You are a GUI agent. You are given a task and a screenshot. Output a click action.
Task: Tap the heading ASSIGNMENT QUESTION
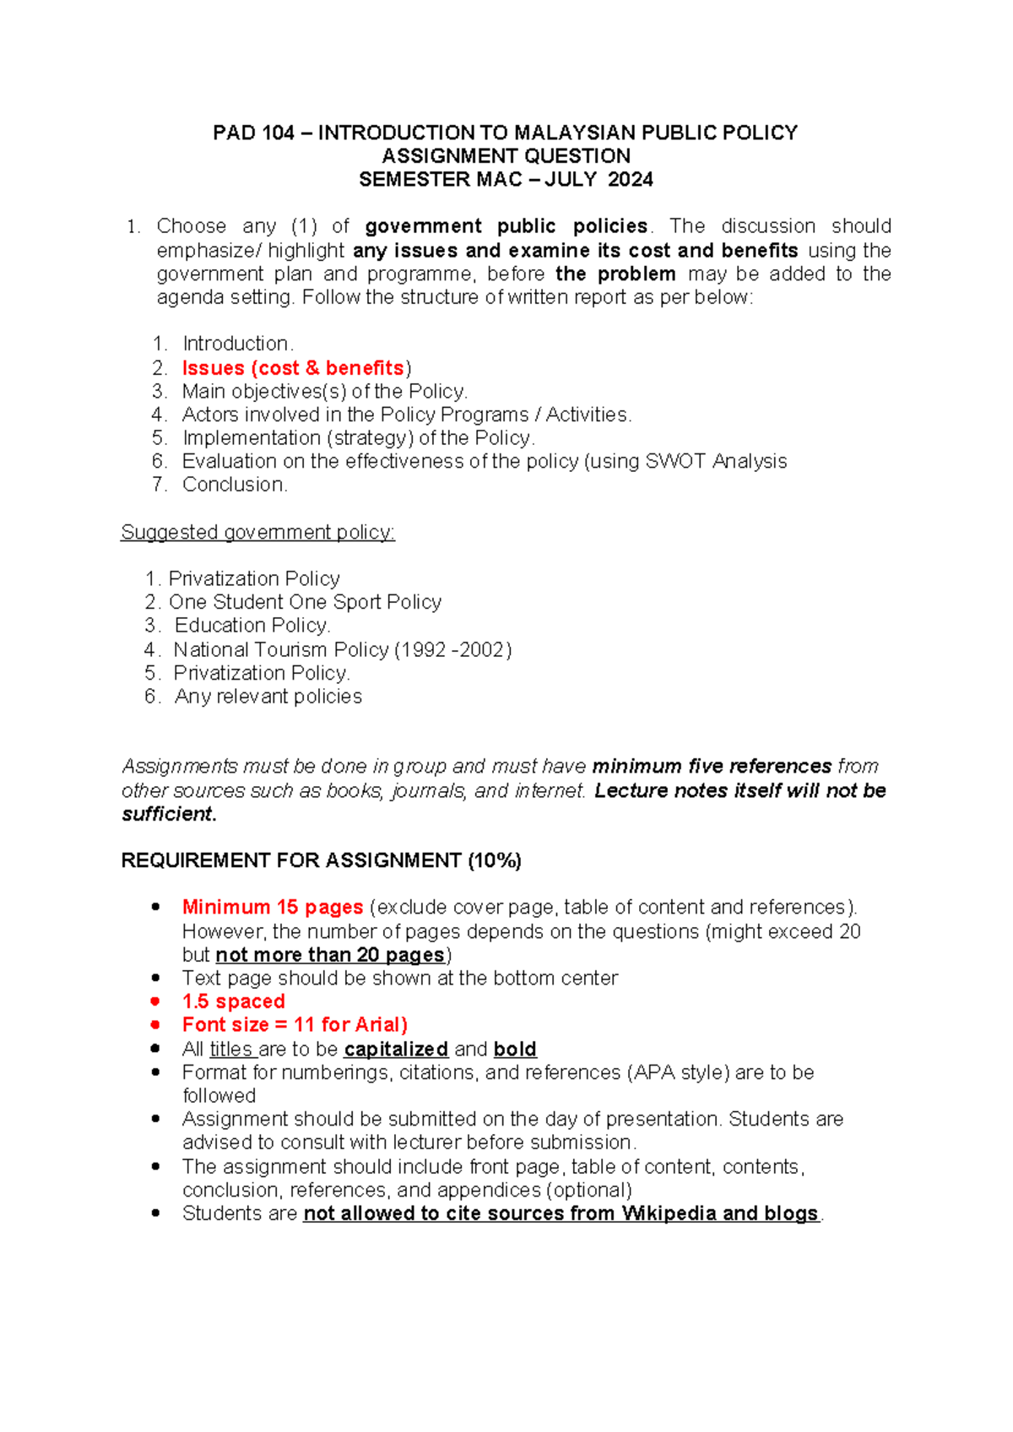tap(506, 156)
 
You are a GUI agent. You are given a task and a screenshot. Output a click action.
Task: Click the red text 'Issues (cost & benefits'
tap(293, 368)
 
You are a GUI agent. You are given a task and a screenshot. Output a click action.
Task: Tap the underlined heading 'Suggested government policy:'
tap(257, 532)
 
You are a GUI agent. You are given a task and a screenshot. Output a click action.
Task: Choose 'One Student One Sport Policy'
tap(305, 602)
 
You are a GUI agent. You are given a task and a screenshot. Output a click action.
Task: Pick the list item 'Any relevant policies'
tap(268, 697)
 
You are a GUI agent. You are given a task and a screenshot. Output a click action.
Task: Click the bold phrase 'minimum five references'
tap(712, 766)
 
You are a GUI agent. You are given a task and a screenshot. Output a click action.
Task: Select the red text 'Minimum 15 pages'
tap(273, 908)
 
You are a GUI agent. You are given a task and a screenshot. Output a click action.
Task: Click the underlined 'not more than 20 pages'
tap(330, 955)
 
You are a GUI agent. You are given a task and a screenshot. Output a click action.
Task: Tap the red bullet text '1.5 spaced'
tap(234, 1001)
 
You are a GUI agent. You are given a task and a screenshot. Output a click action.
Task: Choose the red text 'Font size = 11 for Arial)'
tap(295, 1025)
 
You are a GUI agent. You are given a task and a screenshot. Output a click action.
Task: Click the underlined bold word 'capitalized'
tap(396, 1049)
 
